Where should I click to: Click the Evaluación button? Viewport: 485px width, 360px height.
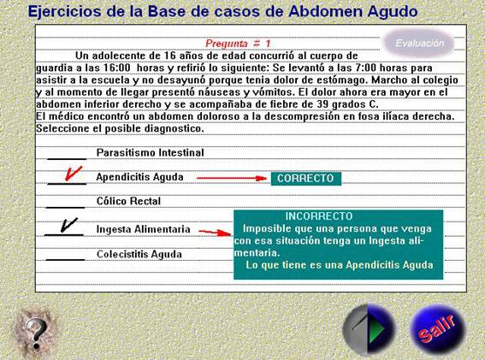pos(419,43)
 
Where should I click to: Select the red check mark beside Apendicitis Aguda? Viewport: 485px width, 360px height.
pos(74,174)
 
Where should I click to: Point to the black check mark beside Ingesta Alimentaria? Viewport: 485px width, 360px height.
pos(69,225)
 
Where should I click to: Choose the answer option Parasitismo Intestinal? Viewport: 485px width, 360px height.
pos(150,152)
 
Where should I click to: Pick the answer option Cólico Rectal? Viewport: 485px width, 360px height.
pos(128,201)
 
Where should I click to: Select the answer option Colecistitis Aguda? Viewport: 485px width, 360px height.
pos(139,254)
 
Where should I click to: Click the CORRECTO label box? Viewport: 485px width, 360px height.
pos(306,179)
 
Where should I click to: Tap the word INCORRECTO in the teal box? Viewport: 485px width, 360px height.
pos(319,215)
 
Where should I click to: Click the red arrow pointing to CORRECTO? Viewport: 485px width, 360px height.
pos(231,178)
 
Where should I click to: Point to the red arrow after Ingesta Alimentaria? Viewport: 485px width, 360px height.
pos(215,233)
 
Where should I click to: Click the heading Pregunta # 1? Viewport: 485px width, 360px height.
pos(238,44)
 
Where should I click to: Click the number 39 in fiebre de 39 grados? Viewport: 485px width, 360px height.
pos(322,104)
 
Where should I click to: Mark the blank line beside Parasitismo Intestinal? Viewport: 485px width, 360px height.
pos(67,159)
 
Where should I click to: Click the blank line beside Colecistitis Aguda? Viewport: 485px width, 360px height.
pos(65,260)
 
